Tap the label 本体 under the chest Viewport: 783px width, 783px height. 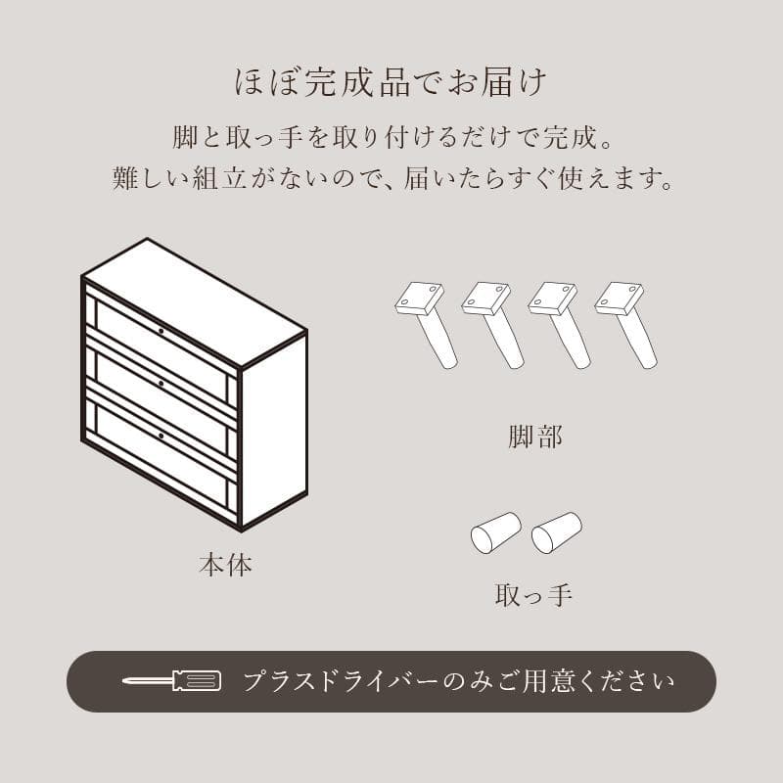225,565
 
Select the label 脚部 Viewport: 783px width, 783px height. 535,437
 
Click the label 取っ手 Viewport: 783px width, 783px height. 533,593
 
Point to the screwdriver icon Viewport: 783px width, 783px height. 171,680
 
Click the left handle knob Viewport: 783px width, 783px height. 495,532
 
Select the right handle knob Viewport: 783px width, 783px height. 556,532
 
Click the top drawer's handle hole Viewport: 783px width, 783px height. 161,332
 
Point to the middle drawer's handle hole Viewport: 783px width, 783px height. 161,383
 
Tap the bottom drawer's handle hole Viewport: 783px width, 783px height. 161,434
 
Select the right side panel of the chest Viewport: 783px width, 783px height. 274,431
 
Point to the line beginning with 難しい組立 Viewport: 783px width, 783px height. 391,179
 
